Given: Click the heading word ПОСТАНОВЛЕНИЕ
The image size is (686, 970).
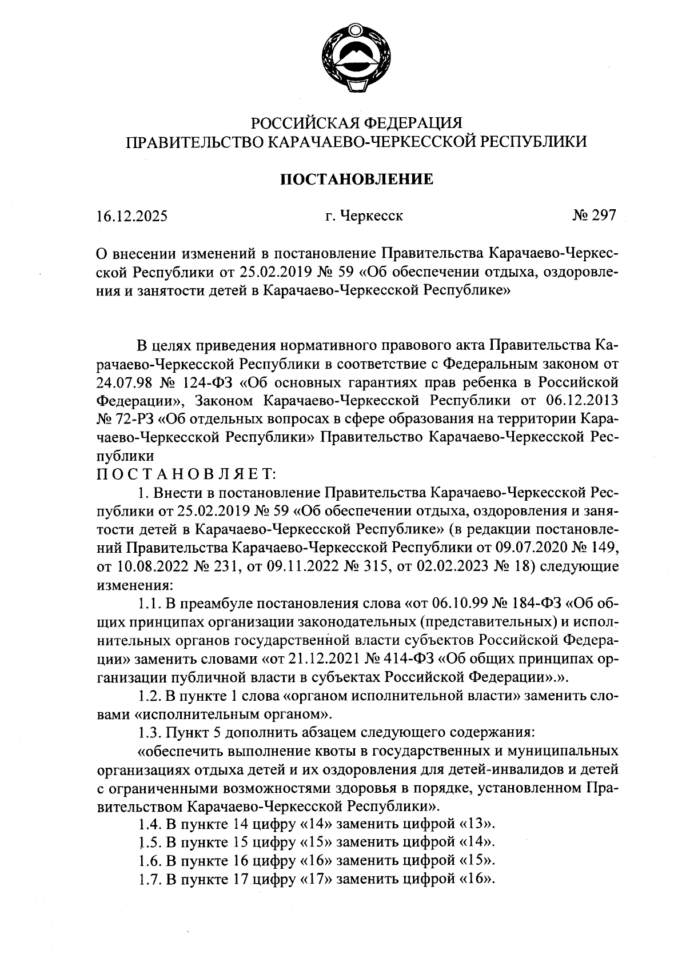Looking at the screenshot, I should [357, 179].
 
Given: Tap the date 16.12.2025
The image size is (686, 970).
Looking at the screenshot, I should [132, 216].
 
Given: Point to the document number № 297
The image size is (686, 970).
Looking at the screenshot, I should [594, 215].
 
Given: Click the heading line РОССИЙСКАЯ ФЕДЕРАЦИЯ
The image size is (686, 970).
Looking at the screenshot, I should [357, 123].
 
